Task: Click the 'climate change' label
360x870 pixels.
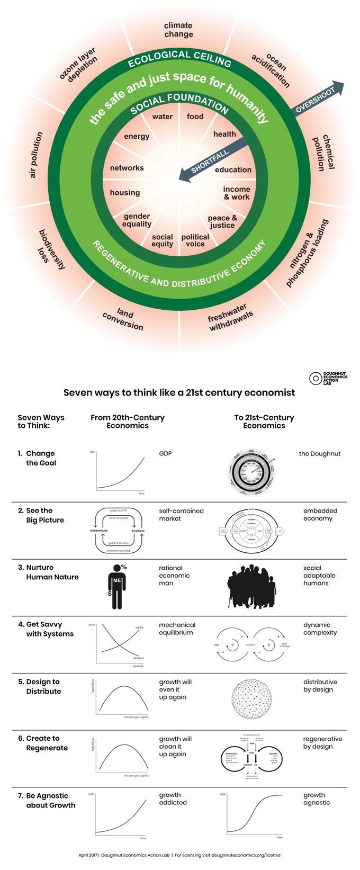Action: (x=178, y=30)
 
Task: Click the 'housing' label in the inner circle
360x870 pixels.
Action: (x=125, y=193)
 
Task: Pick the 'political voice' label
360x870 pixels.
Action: (x=195, y=240)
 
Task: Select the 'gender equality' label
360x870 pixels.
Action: (x=137, y=220)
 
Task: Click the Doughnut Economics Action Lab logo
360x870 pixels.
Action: (x=328, y=378)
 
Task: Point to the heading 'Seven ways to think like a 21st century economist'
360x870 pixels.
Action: (x=179, y=392)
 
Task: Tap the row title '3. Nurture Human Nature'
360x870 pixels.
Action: (x=48, y=572)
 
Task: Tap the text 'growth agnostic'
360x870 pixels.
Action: (x=317, y=799)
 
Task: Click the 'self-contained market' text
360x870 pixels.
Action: (x=181, y=515)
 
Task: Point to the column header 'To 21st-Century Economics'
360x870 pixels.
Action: (x=264, y=421)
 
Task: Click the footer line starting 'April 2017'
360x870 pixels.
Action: (x=179, y=855)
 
